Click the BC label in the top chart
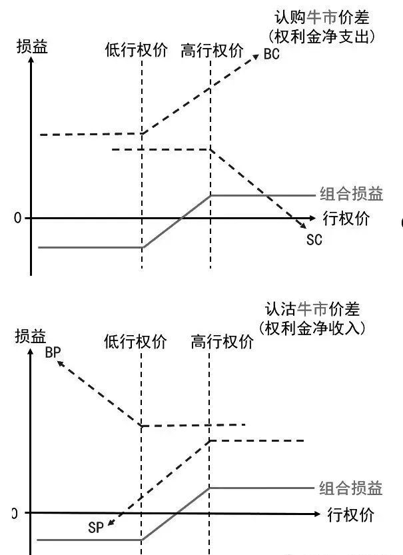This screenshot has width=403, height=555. point(271,55)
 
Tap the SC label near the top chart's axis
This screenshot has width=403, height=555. point(314,239)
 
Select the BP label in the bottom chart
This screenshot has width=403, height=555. point(53,353)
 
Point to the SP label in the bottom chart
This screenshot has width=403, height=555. point(97,528)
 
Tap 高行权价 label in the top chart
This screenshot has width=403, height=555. point(212,51)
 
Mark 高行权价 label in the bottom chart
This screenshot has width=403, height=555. point(222,342)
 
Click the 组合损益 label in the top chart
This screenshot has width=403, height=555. point(351,195)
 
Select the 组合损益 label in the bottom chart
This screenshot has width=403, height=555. point(351,488)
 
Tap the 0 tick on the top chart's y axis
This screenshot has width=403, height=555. point(17,219)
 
